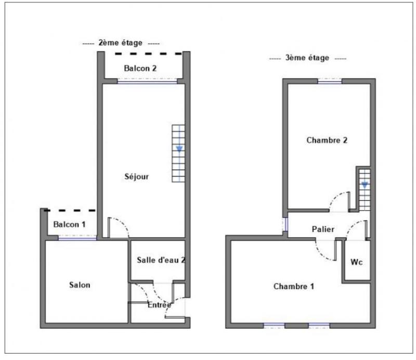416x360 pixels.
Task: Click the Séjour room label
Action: (138, 177)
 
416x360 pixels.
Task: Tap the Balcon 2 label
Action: (140, 68)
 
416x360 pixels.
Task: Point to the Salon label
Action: (80, 285)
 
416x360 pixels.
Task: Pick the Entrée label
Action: (159, 304)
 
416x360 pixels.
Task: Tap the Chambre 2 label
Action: (327, 140)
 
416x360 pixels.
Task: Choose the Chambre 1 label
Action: (294, 286)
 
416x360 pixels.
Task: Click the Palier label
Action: (323, 229)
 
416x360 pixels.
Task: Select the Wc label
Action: (356, 262)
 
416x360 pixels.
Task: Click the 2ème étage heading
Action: (120, 43)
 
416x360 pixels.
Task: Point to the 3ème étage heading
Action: (307, 58)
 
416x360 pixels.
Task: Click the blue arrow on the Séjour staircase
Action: (179, 149)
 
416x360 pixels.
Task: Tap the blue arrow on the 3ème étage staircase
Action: (365, 185)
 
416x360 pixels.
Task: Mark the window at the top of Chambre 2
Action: (330, 81)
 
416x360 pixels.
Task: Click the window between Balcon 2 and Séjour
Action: (147, 81)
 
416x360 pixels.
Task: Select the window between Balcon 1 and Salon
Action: (77, 238)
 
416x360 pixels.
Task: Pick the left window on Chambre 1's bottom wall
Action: (274, 326)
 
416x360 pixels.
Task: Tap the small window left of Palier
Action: (285, 224)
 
